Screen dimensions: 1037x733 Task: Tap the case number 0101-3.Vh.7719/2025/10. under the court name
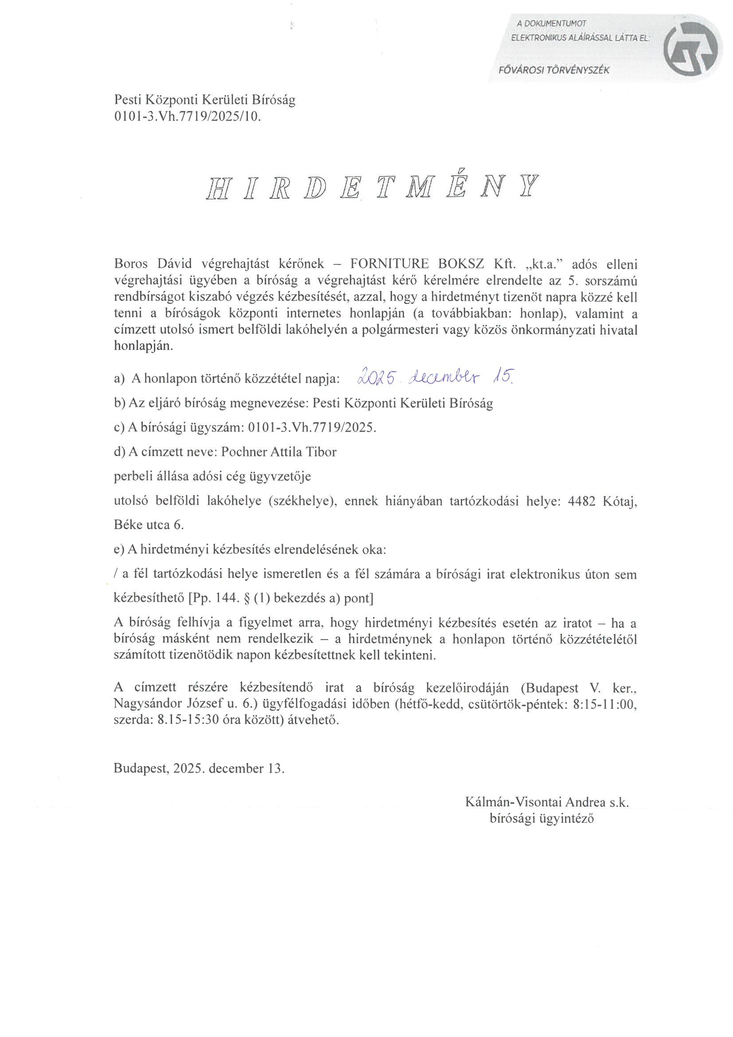(x=188, y=117)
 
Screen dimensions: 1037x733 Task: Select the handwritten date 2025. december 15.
(x=435, y=377)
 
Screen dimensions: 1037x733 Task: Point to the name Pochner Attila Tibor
(x=278, y=452)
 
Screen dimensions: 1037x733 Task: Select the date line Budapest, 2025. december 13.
(x=199, y=769)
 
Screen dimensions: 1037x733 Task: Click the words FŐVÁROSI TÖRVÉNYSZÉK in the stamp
(x=554, y=71)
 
